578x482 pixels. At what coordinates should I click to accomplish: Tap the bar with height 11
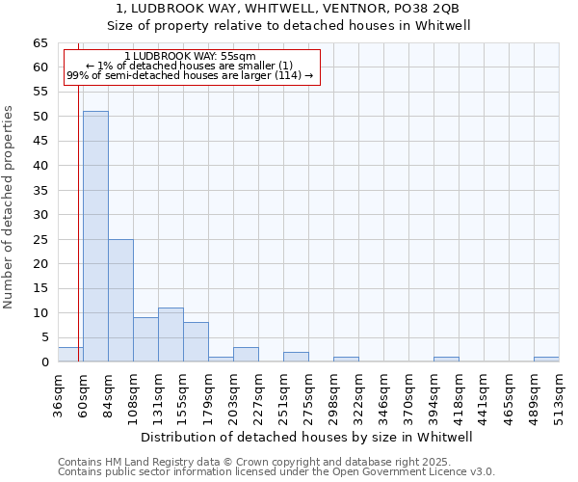click(171, 335)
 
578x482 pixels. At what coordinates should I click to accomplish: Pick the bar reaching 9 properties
click(145, 339)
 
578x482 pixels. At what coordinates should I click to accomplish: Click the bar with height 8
click(196, 342)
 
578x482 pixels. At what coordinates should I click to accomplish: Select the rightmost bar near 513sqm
click(546, 360)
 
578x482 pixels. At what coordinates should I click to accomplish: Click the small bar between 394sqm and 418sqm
click(446, 360)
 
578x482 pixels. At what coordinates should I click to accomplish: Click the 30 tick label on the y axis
click(39, 215)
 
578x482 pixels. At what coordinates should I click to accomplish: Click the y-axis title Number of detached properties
click(9, 207)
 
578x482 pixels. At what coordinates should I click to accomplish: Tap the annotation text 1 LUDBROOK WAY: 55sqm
click(190, 57)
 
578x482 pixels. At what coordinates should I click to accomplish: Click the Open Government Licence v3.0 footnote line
click(276, 472)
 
